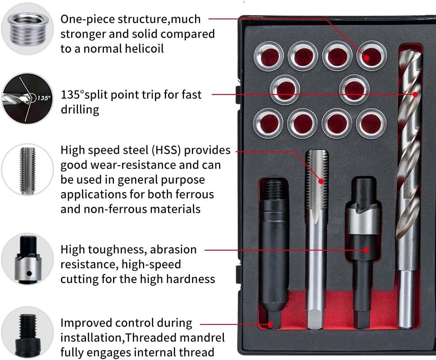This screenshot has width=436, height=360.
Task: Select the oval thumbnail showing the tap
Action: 27,170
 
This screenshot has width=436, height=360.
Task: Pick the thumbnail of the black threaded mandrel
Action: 27,332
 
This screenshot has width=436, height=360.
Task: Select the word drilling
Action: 79,109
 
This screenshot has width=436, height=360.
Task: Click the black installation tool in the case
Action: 274,252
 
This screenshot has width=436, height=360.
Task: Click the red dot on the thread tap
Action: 321,181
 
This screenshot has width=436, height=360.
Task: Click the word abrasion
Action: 173,249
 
